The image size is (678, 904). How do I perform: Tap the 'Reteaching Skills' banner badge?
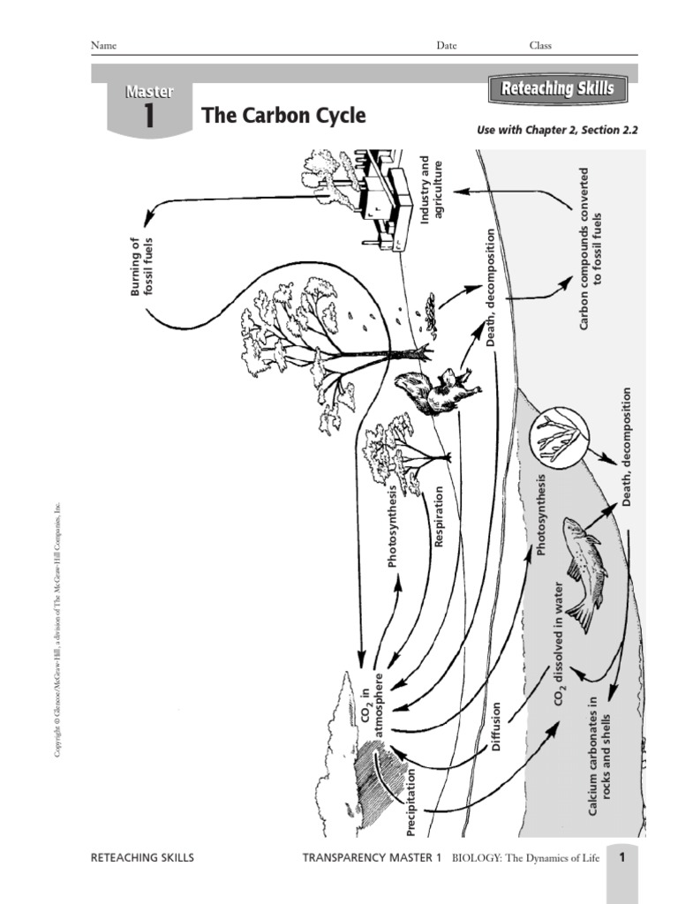coord(557,89)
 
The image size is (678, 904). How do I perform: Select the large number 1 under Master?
coord(148,117)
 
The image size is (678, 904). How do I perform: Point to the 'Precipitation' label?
coord(411,801)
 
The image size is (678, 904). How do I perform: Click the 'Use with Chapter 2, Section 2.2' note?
coord(556,130)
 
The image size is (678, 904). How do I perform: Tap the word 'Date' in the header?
coord(447,46)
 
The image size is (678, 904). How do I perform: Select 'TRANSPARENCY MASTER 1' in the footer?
coord(371,857)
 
